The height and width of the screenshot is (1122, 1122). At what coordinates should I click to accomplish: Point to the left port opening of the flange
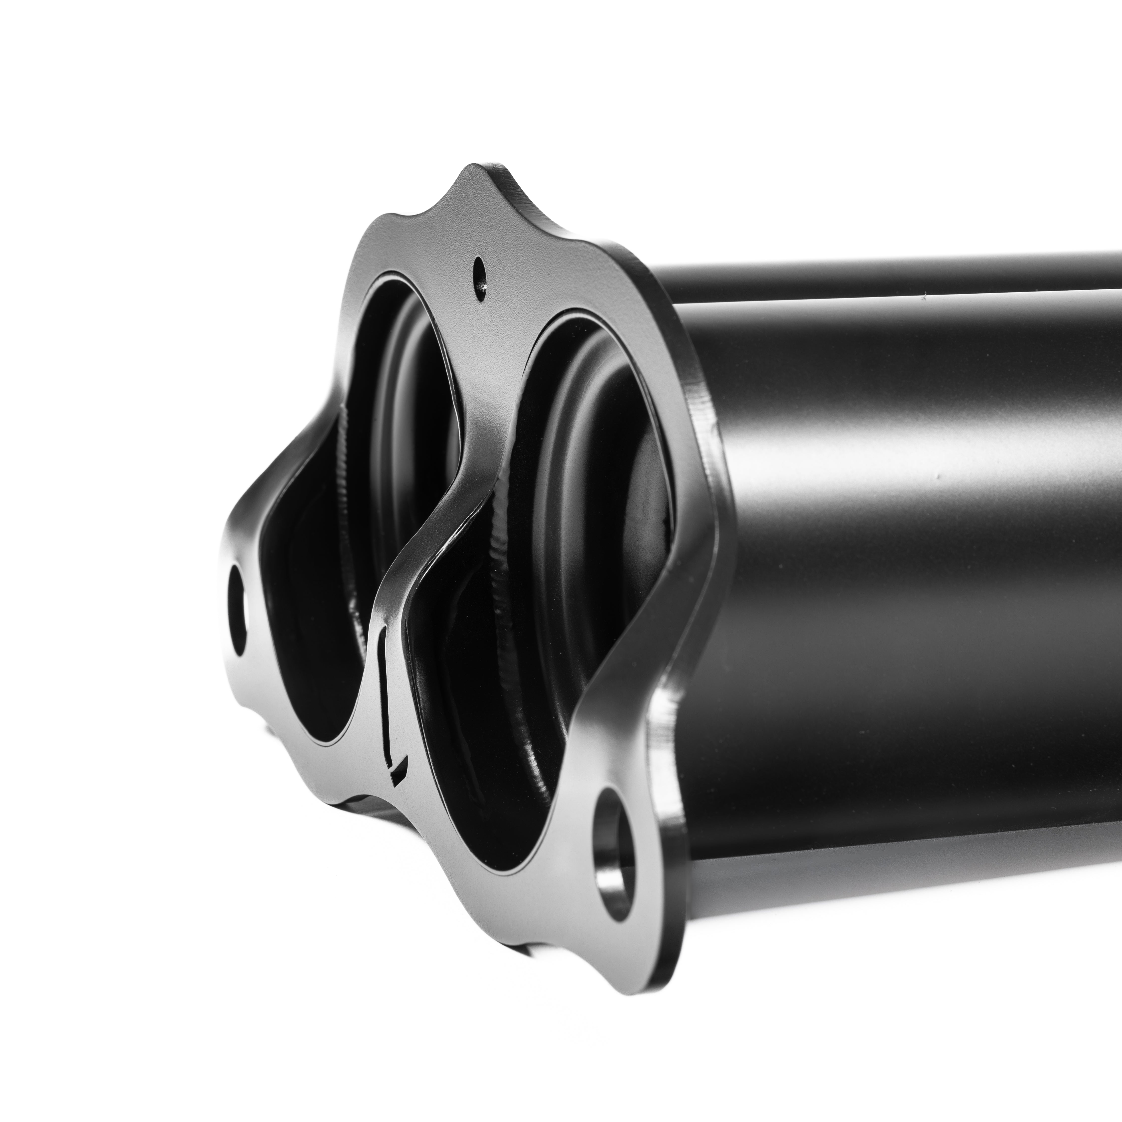[325, 581]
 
